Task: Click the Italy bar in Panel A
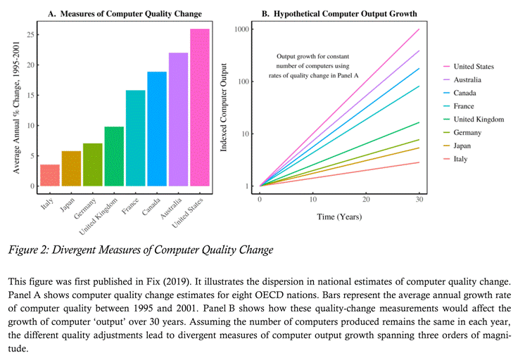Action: pos(50,175)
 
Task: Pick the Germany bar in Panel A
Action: pos(93,165)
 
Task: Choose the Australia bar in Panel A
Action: pos(178,120)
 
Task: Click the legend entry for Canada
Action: pos(464,93)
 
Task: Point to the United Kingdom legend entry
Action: pos(479,120)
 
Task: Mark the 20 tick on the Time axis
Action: pos(366,200)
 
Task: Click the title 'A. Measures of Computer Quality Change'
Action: pos(125,13)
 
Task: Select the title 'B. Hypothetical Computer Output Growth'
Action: pos(339,13)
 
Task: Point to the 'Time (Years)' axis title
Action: pos(339,217)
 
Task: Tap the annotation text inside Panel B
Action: pos(317,66)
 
